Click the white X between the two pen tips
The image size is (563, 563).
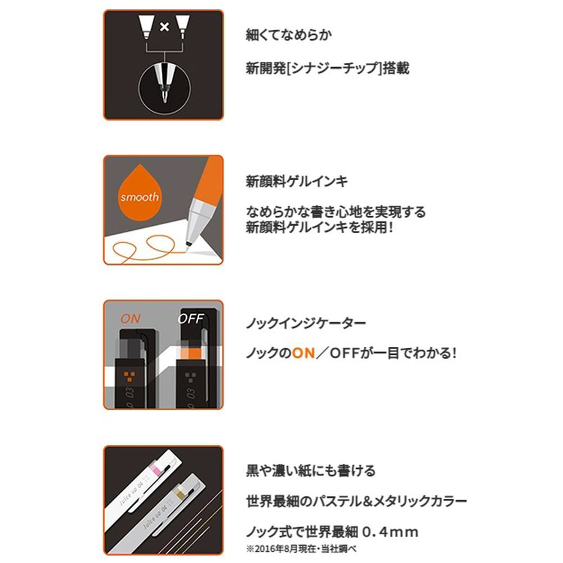pos(164,26)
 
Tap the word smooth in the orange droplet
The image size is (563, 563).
pos(139,196)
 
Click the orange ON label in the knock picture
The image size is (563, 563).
pos(131,319)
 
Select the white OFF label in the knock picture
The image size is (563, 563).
pos(191,319)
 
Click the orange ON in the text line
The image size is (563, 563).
pos(303,354)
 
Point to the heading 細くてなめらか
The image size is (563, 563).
pos(288,35)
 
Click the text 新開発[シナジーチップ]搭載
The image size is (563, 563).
pos(328,68)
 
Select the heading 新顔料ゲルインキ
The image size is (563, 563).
pos(297,181)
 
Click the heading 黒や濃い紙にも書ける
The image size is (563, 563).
pos(311,470)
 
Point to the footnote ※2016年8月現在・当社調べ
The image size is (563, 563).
pos(301,548)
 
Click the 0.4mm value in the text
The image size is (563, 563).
pos(390,532)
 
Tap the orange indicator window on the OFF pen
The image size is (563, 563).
pos(191,354)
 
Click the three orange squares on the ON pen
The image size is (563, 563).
pos(129,376)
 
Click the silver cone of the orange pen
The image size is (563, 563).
pos(197,220)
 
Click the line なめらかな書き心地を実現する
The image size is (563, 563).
pos(336,212)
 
